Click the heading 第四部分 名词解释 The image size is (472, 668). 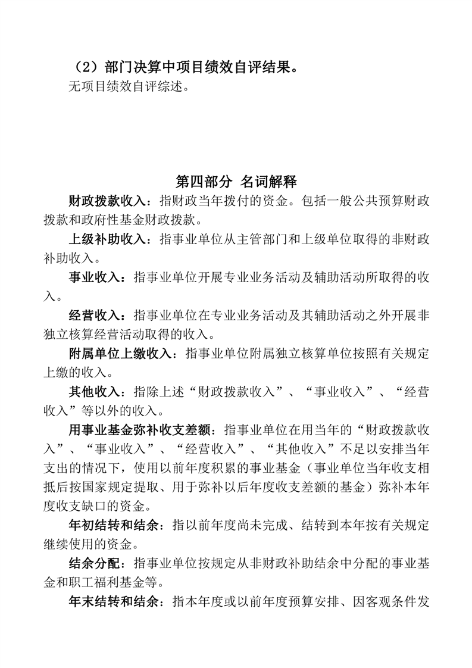[236, 181]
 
